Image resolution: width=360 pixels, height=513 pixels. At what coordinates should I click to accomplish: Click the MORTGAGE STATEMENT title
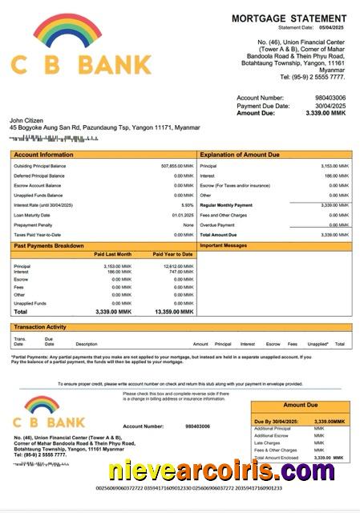289,18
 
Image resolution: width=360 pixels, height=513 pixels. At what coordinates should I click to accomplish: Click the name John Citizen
26,120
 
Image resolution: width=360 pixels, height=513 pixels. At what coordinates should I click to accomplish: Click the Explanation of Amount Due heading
239,154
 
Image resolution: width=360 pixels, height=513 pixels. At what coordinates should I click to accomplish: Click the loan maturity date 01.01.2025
182,215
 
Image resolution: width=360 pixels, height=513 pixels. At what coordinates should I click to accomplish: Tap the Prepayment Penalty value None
188,224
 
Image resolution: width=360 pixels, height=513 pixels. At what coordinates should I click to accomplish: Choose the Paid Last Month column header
113,254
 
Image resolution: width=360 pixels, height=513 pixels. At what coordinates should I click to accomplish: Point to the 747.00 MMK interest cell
181,272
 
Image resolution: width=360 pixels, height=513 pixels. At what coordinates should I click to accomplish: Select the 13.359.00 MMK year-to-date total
173,312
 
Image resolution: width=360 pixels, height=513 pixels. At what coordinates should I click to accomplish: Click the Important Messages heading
224,245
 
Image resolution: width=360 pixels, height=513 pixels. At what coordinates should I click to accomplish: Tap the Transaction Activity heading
39,327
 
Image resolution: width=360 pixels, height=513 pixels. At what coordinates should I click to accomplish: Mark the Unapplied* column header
318,344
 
